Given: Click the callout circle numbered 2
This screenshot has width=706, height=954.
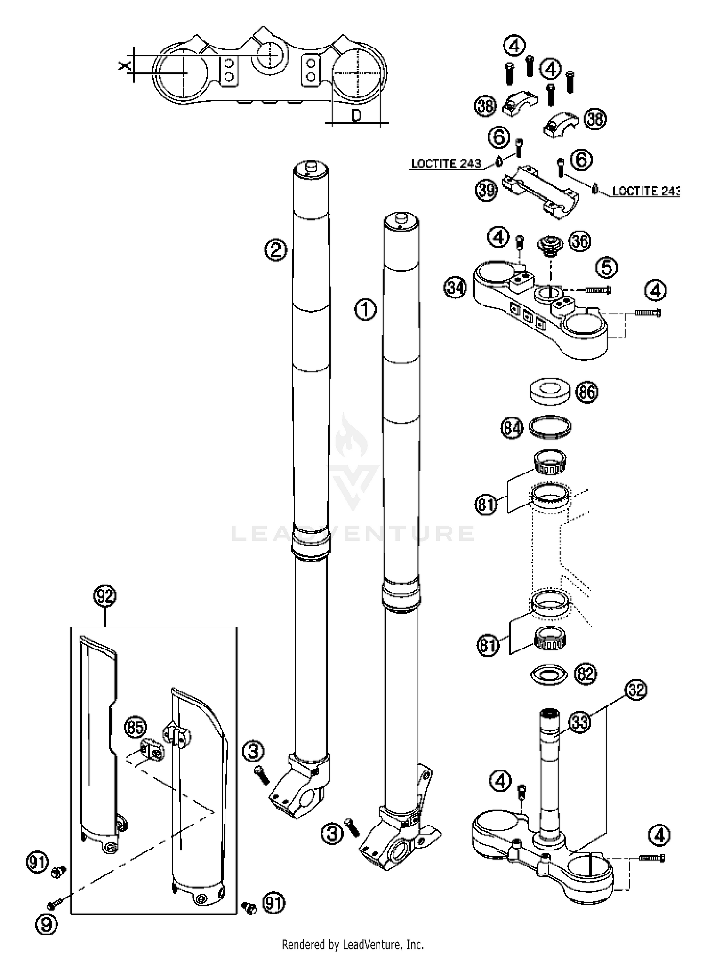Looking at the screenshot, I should (275, 249).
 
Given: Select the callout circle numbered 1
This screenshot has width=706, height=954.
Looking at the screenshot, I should (365, 310).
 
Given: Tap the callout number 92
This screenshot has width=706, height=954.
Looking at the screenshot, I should (104, 597).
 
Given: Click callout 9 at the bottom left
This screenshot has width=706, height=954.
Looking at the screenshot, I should (46, 924).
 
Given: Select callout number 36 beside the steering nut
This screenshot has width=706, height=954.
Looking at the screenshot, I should (579, 241).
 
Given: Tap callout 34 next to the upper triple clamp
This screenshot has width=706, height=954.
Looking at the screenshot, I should (455, 288).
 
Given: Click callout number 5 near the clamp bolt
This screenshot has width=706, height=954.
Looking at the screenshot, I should (607, 267).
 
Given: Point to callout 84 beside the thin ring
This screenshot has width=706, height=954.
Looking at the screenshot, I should (512, 428).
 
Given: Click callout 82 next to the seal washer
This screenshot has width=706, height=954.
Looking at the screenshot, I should (585, 674).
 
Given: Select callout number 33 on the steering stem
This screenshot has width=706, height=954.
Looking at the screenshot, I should (580, 722).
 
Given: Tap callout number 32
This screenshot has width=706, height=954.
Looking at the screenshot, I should (636, 690).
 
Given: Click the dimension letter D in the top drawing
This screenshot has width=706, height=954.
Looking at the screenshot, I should (356, 115).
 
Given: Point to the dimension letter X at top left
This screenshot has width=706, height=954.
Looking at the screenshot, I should (124, 66).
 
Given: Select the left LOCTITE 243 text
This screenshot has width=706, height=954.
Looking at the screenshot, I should (446, 164).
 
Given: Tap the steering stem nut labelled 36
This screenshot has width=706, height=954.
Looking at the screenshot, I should (550, 246).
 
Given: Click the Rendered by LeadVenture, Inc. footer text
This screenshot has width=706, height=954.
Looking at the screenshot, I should (353, 944).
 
